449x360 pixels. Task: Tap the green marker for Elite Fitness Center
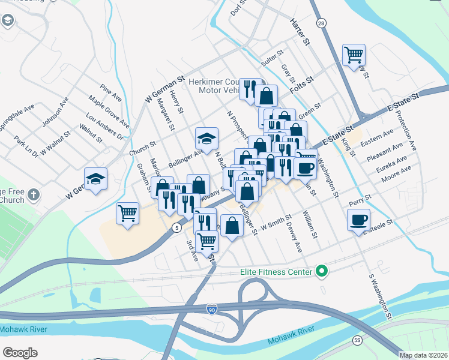[322, 272]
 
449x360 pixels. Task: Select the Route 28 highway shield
[322, 23]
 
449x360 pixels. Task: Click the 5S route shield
[358, 340]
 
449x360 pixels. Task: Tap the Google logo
[20, 352]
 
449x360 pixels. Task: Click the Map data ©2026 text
[423, 355]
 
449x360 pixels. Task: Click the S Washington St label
[381, 296]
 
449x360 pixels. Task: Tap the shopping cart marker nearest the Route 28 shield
[354, 55]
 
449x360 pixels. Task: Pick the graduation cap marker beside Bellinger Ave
[206, 139]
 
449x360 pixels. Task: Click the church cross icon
[33, 195]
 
